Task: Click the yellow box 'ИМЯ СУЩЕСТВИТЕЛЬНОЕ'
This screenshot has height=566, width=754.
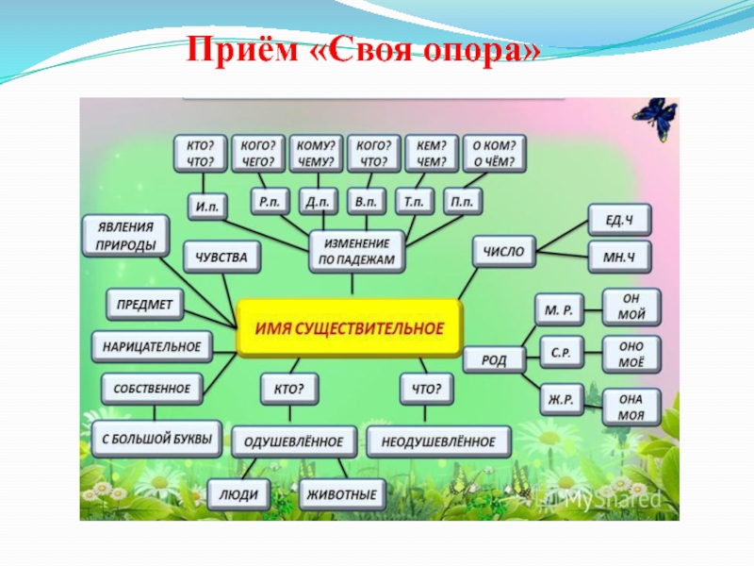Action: (x=349, y=328)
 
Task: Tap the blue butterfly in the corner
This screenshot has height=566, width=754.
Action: (x=654, y=119)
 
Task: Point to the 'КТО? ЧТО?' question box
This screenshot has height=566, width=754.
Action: (x=199, y=154)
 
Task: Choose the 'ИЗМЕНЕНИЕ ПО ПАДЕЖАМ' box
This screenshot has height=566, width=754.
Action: (x=356, y=252)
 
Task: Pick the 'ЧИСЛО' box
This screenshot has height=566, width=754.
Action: (x=502, y=252)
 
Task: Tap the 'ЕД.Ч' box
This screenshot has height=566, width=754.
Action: (x=618, y=220)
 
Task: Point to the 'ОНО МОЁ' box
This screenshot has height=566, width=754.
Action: (x=631, y=354)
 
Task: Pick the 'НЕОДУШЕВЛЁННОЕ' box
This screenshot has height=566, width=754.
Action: (x=438, y=441)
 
